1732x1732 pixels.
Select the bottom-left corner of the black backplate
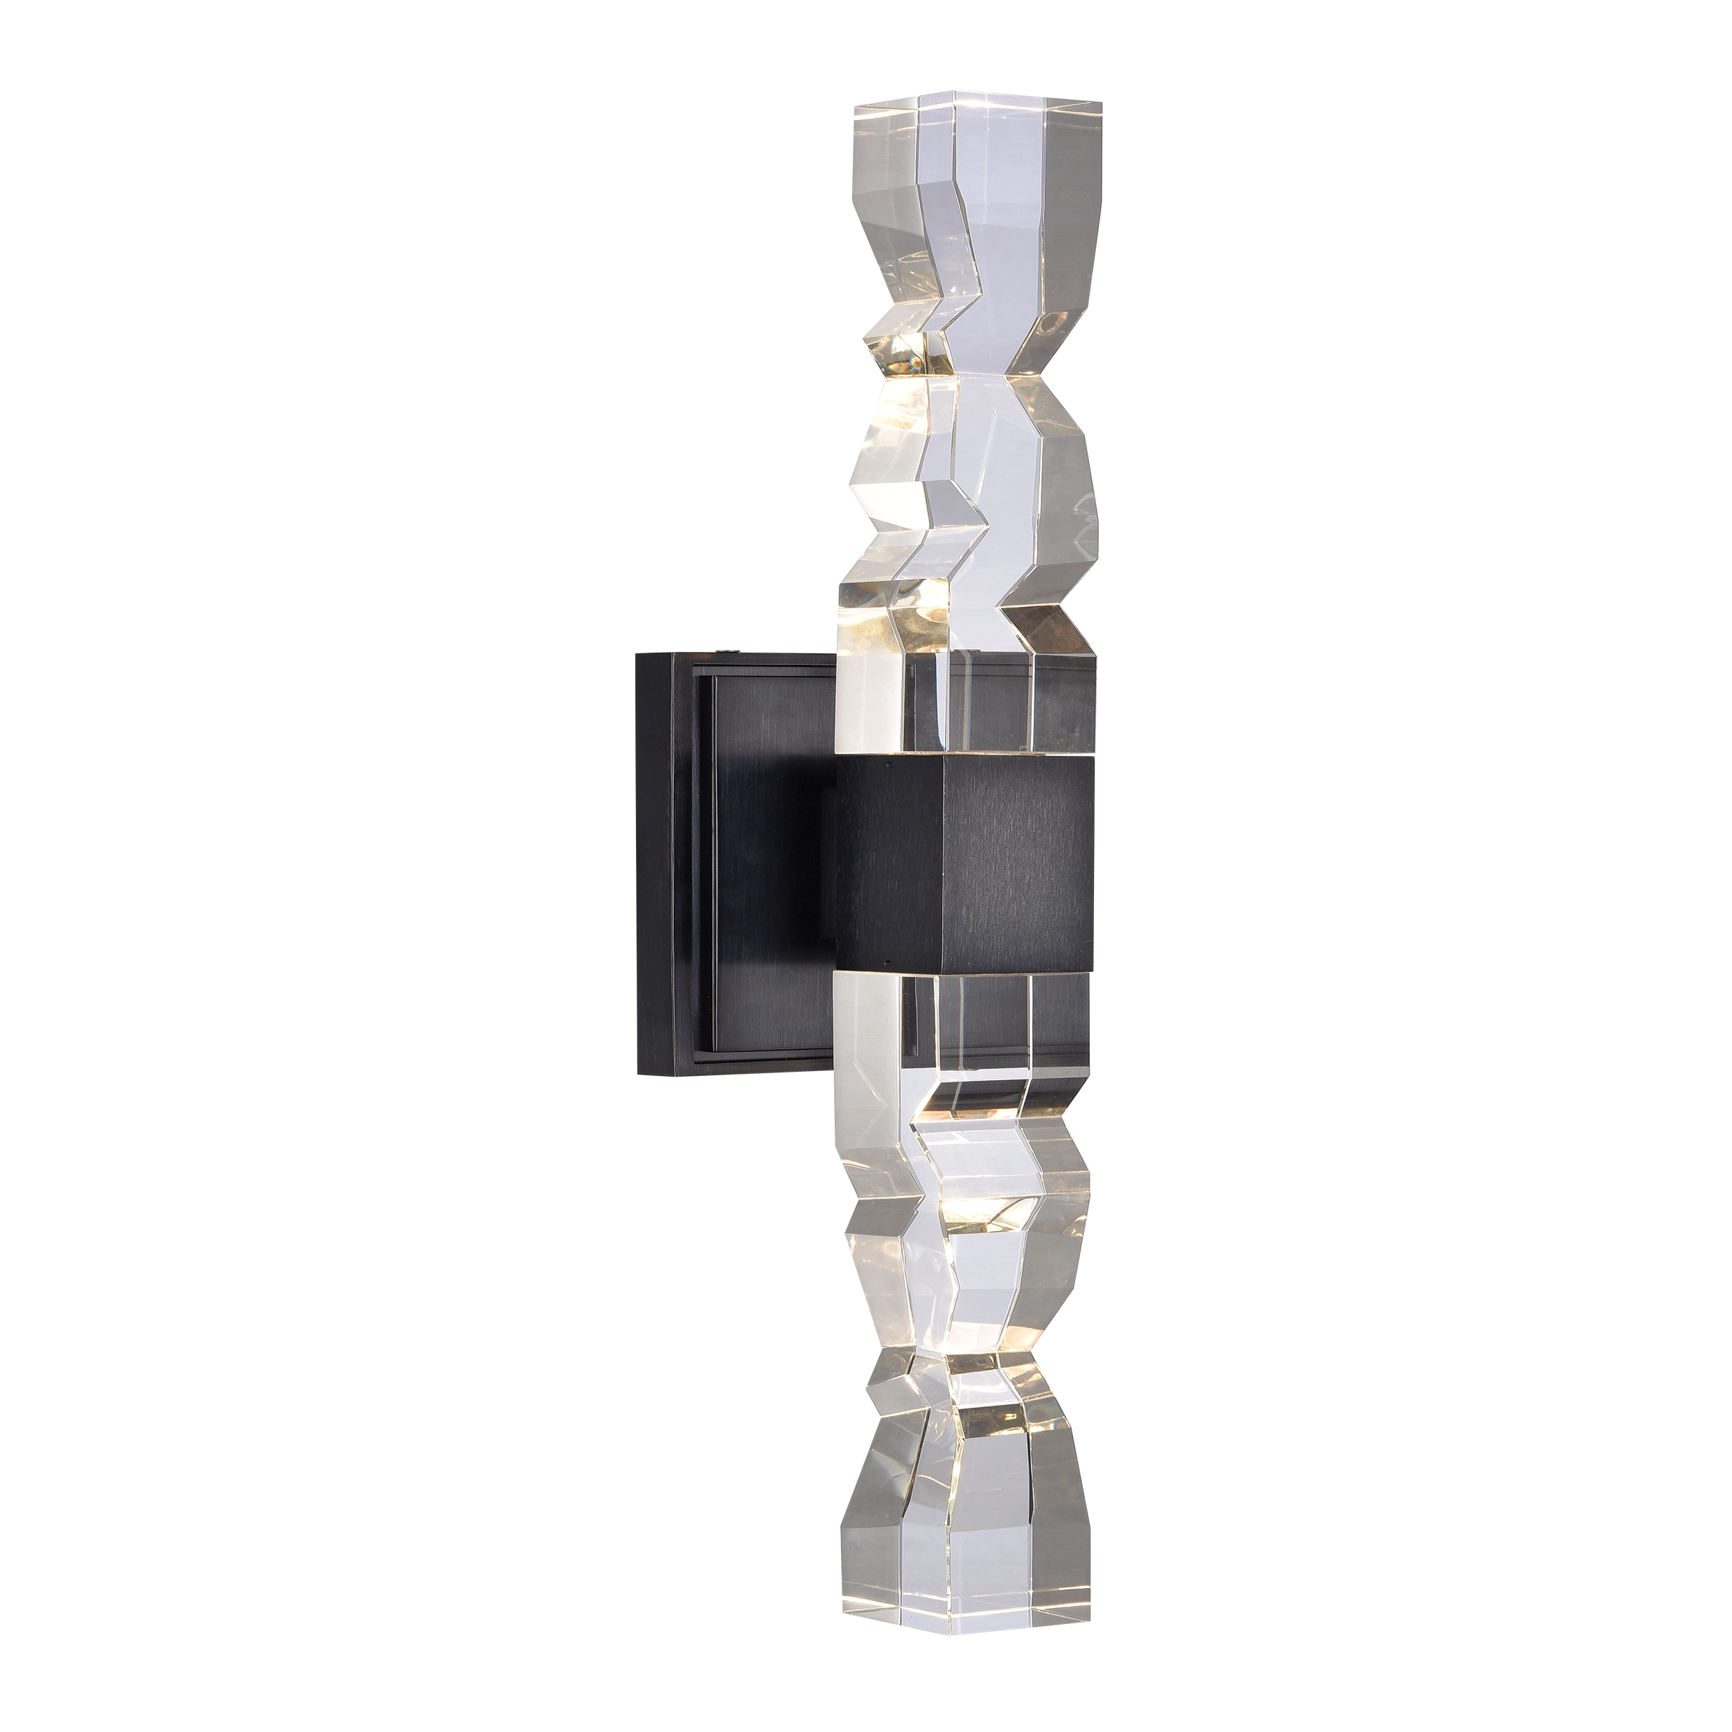coord(635,1076)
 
